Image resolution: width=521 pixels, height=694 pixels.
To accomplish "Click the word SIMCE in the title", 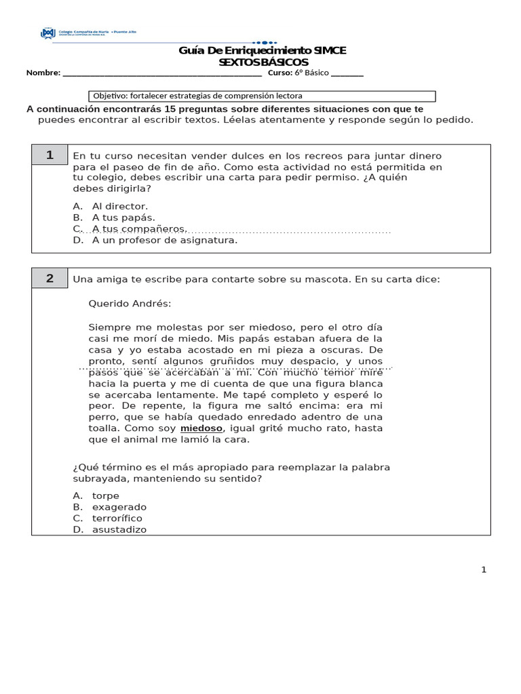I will click(329, 51).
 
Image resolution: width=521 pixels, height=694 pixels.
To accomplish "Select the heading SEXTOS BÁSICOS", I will click(263, 62).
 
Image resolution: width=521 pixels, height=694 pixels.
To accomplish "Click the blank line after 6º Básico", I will click(347, 73).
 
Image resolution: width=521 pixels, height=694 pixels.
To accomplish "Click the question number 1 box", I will click(50, 155).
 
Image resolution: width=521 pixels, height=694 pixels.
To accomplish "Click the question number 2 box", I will click(50, 279).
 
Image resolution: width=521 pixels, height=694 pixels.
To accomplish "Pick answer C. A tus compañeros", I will click(129, 229).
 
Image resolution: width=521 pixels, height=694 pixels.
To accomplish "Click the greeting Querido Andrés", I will click(130, 304).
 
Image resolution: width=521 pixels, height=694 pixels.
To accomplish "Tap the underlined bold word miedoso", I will click(201, 428).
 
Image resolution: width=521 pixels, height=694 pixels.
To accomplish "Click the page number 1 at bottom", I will click(484, 570).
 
